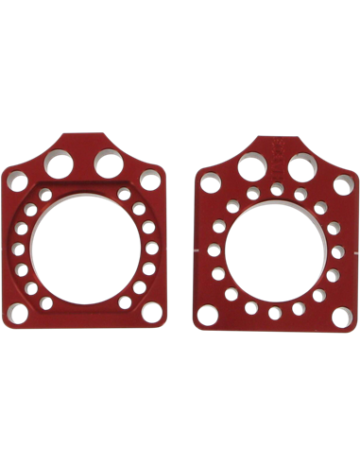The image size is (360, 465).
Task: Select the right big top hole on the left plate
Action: click(x=108, y=165)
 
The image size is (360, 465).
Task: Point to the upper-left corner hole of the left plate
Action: click(x=17, y=180)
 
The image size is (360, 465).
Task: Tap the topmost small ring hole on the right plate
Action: click(x=275, y=190)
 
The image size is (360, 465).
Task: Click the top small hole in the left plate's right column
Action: click(x=124, y=194)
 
